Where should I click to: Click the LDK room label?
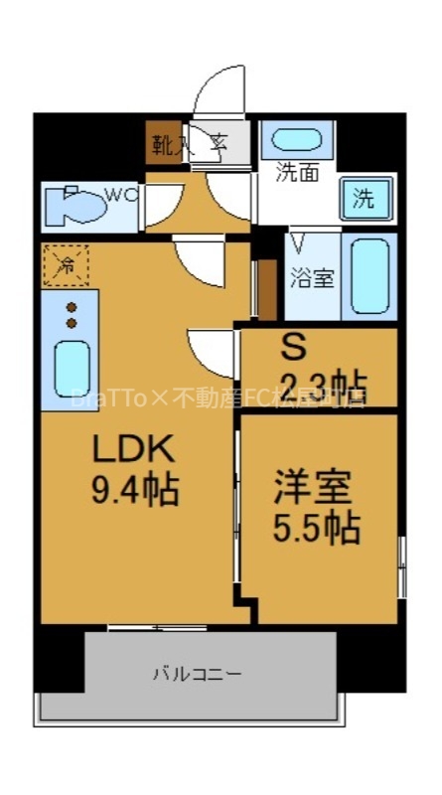point(133,450)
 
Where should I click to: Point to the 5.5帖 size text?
point(316,528)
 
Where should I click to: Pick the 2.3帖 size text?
point(322,382)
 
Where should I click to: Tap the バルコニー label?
point(197,674)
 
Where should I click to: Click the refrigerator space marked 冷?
point(66,264)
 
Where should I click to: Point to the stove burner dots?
point(72,315)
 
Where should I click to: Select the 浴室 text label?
point(312,278)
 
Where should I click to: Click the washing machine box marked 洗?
point(365,198)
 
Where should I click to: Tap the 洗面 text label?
point(297,172)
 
